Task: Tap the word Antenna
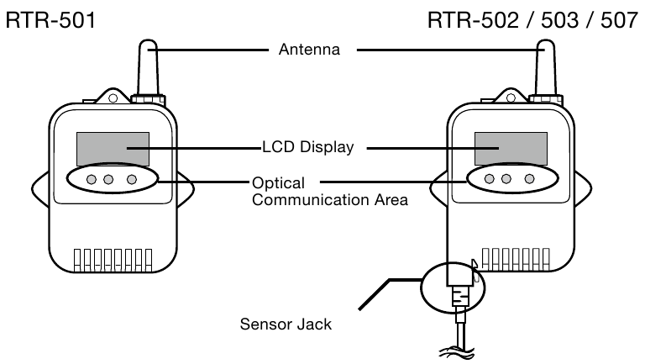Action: click(x=309, y=50)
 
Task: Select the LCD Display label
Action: click(x=307, y=147)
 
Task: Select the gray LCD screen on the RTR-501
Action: click(x=112, y=149)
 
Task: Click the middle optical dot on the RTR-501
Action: click(x=111, y=179)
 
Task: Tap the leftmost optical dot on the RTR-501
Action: click(x=90, y=179)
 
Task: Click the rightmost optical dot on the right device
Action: click(x=529, y=179)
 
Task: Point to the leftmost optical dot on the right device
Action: click(x=487, y=179)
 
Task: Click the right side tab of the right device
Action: click(x=585, y=186)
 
